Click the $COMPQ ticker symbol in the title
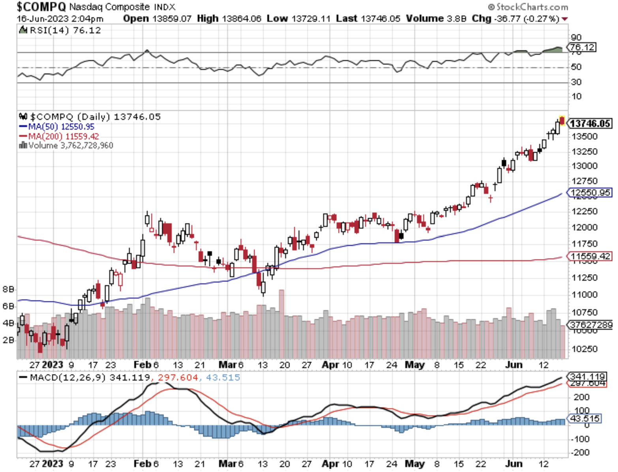pos(41,7)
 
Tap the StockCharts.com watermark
pos(528,7)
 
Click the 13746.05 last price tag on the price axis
pos(590,124)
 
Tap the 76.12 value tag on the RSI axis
pos(582,47)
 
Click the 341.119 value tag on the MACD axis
pos(587,376)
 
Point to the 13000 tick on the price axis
pos(584,166)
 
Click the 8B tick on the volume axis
pos(8,289)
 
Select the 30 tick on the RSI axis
pos(576,82)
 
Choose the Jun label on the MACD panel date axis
pos(514,464)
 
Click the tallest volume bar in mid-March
pos(281,324)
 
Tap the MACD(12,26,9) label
pos(67,378)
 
